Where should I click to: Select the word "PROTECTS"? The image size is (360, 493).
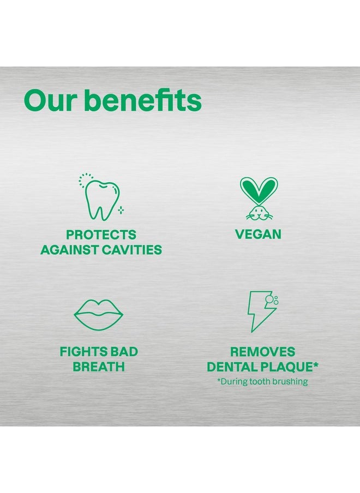click(x=101, y=235)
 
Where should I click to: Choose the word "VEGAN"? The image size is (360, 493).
click(x=258, y=235)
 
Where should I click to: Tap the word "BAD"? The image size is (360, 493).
click(x=124, y=352)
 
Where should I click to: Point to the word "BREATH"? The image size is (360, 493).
click(x=99, y=366)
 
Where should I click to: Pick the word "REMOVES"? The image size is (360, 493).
click(x=262, y=352)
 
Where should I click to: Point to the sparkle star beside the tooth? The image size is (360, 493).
click(x=121, y=209)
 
